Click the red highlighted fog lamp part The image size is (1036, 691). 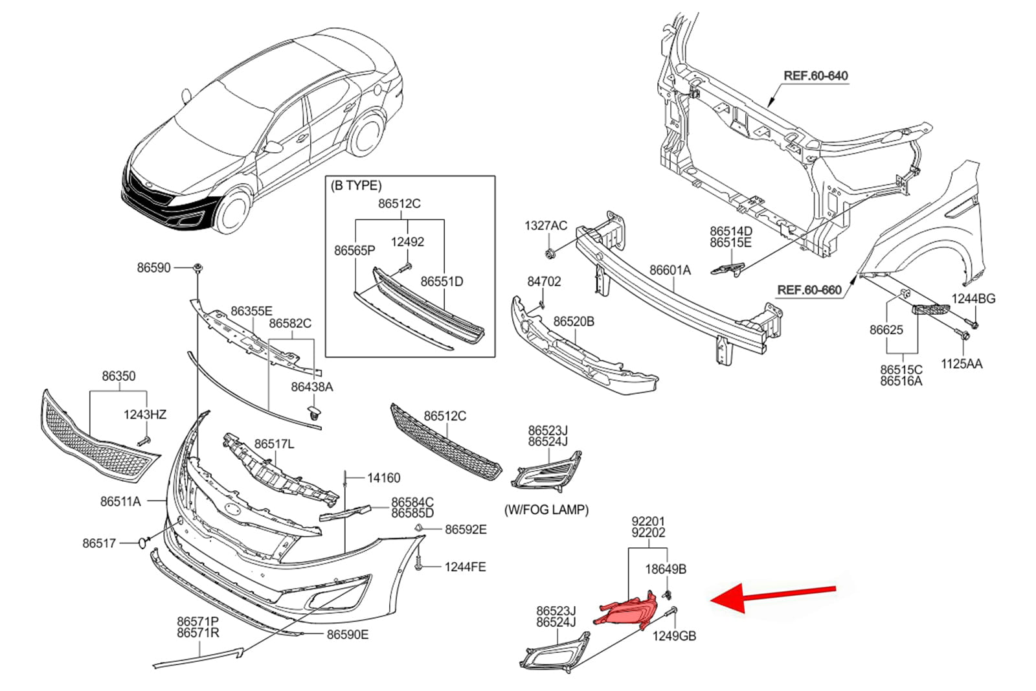(625, 609)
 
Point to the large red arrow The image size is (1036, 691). (774, 595)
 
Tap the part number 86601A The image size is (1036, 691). (670, 270)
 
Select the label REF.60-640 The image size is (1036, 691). (815, 76)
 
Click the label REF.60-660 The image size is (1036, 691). (809, 289)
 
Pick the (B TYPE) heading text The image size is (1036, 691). (356, 186)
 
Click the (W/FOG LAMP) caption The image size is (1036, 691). (546, 510)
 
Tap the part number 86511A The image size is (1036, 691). (120, 501)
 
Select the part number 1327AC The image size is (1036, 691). (545, 225)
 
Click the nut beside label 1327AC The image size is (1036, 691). (549, 252)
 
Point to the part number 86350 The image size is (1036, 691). (118, 376)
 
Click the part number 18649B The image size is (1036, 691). (666, 569)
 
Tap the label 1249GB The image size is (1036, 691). (674, 636)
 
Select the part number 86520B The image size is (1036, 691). (573, 321)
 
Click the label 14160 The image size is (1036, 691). (383, 478)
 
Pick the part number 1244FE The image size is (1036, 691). (465, 567)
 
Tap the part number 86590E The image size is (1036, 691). (348, 635)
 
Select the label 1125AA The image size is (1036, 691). (962, 364)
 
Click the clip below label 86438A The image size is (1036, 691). (315, 413)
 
